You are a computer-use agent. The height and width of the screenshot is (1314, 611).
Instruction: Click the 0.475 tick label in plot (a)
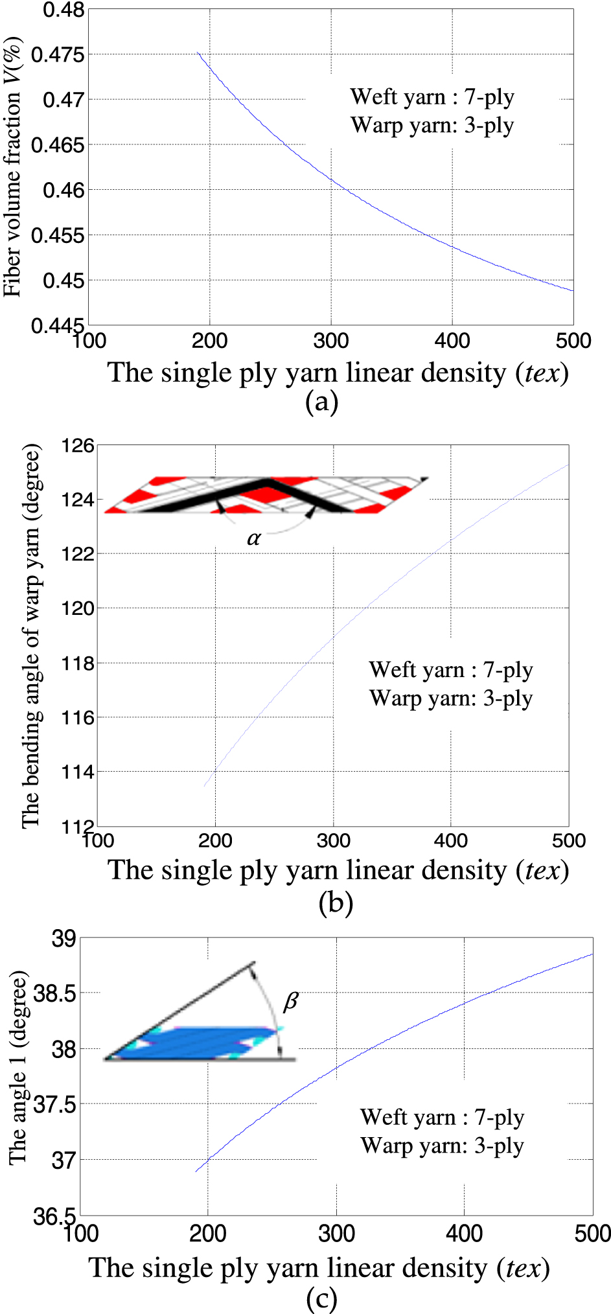coord(58,55)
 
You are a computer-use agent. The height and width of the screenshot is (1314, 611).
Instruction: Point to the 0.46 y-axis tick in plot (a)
coord(63,190)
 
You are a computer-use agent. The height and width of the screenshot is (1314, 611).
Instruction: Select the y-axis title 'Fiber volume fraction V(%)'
coord(12,167)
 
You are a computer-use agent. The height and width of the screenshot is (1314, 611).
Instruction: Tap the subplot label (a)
coord(321,402)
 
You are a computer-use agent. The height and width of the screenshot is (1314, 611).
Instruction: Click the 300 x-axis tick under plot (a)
coord(330,341)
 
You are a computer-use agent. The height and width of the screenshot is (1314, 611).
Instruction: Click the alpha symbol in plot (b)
coord(253,538)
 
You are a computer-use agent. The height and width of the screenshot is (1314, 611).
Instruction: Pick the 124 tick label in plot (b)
coord(78,500)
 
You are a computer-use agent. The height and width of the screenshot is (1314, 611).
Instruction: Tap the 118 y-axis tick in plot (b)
coord(78,663)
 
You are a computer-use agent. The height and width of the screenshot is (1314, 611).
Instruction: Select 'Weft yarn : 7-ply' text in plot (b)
coord(451,670)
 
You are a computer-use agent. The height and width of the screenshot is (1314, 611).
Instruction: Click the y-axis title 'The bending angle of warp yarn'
coord(31,635)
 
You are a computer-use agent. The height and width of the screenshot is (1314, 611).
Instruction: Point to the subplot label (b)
coord(335,902)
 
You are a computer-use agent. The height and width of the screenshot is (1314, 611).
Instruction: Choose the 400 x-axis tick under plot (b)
coord(450,841)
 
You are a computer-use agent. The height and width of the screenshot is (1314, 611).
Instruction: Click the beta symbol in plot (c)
coord(291,1002)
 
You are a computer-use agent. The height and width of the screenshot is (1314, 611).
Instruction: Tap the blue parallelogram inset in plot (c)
coord(194,1043)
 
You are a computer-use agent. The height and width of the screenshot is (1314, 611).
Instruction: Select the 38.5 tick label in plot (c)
coord(54,993)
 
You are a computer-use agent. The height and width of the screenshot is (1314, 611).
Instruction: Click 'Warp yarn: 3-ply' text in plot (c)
coord(442,1146)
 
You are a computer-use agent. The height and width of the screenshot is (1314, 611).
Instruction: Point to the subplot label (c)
coord(321,1298)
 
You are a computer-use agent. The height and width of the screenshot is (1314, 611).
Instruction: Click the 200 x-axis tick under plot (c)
coord(207,1233)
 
